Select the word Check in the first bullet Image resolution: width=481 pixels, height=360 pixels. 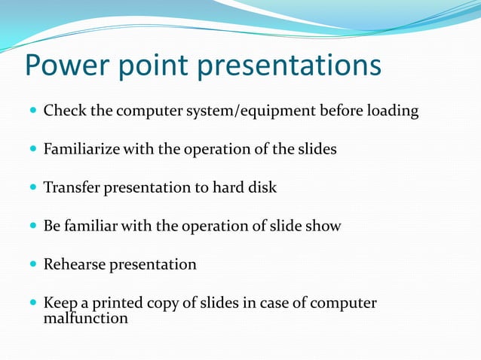pos(62,111)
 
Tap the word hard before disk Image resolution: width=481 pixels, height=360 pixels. pos(231,188)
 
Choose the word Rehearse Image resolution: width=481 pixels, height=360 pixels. pos(74,264)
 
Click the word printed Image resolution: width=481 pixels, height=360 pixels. pos(115,304)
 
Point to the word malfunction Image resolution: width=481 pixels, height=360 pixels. pos(85,319)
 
